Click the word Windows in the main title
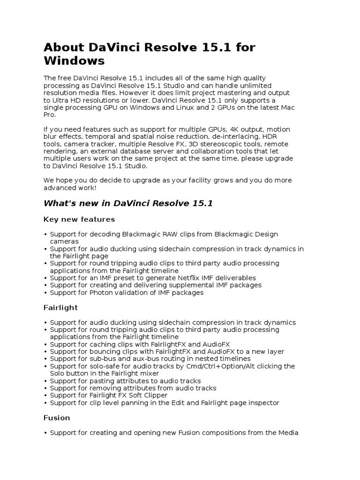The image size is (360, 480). coord(74,61)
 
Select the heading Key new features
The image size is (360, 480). coord(79,219)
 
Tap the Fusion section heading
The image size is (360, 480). coord(57,418)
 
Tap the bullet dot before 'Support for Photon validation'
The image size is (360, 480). coord(45,292)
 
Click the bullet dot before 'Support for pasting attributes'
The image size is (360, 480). coord(45,381)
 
